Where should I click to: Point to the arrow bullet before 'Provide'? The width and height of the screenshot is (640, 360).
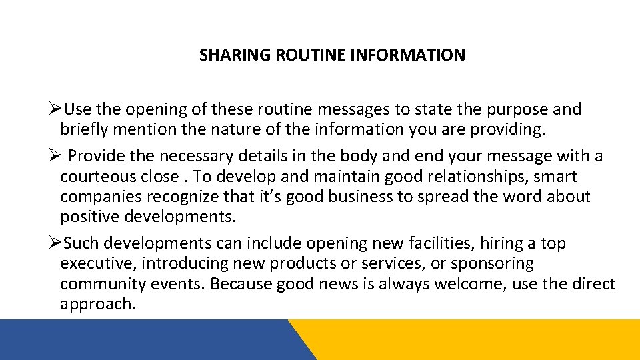click(56, 156)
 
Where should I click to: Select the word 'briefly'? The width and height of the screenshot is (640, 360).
click(84, 128)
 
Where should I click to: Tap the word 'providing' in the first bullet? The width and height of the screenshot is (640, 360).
click(508, 128)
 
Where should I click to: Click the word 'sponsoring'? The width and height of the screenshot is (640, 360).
click(491, 264)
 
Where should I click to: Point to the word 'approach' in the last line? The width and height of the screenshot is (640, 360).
click(96, 304)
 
